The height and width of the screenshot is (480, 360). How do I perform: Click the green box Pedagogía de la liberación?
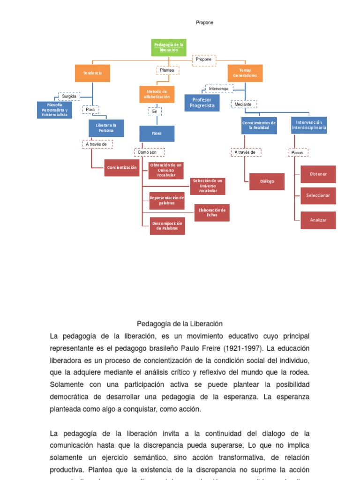click(x=169, y=47)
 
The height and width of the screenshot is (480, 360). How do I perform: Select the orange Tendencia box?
click(x=92, y=73)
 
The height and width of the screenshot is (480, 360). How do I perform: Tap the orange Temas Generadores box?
click(x=245, y=73)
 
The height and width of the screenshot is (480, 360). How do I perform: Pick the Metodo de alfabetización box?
click(x=157, y=94)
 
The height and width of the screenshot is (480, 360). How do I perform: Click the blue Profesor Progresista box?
click(x=202, y=103)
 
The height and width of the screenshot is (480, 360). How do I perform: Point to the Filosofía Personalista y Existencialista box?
click(x=54, y=110)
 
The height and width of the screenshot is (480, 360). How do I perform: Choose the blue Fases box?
click(x=157, y=134)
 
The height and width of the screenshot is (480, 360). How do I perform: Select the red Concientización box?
click(x=122, y=167)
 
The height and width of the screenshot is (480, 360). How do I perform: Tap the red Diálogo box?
click(x=267, y=181)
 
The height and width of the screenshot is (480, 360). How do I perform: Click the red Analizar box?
click(x=318, y=220)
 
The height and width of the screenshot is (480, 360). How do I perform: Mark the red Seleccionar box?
click(x=318, y=195)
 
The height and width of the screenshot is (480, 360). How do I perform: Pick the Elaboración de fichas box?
click(x=212, y=212)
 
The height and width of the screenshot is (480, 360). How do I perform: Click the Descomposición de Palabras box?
click(x=167, y=226)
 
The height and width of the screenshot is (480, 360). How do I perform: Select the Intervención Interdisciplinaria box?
click(x=309, y=125)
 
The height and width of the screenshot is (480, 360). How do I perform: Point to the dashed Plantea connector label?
click(x=167, y=70)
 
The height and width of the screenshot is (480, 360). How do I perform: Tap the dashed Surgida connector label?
click(x=69, y=96)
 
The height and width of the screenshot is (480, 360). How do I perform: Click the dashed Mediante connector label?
click(x=243, y=104)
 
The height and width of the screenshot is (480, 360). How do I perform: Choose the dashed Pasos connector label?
click(x=298, y=152)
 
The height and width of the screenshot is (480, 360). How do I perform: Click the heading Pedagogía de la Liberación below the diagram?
click(x=180, y=324)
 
